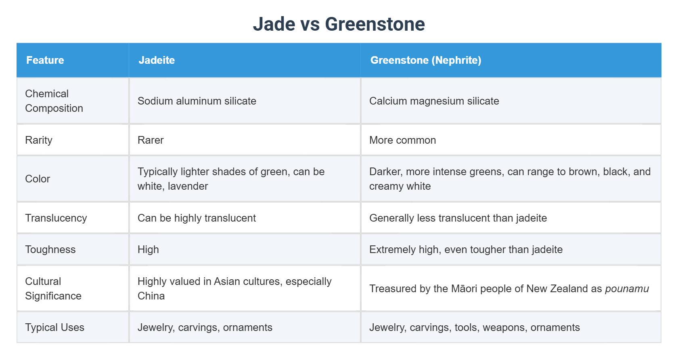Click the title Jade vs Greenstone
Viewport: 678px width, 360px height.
(x=339, y=24)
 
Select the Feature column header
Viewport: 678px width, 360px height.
(x=45, y=60)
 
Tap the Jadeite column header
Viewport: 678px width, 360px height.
(x=157, y=60)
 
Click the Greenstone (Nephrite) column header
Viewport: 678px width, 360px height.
(x=425, y=60)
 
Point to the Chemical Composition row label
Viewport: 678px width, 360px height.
(x=54, y=101)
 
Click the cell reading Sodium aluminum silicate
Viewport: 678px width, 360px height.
(x=197, y=101)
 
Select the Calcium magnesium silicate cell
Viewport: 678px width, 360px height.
(x=434, y=101)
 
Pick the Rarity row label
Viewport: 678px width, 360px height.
(x=39, y=140)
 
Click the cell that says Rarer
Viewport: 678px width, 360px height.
(x=151, y=140)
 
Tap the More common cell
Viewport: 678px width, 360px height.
(x=402, y=140)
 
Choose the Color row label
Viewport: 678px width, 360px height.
(x=38, y=179)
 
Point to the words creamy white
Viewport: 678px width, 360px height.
(x=400, y=186)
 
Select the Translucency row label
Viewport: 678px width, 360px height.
(x=56, y=218)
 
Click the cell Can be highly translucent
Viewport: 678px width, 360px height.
(x=197, y=218)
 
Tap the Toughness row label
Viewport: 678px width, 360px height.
(x=50, y=249)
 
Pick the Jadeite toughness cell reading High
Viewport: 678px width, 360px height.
(x=148, y=249)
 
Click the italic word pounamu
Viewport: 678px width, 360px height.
(x=627, y=289)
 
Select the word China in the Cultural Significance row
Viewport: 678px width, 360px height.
(x=151, y=296)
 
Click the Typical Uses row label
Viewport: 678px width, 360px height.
(x=54, y=327)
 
